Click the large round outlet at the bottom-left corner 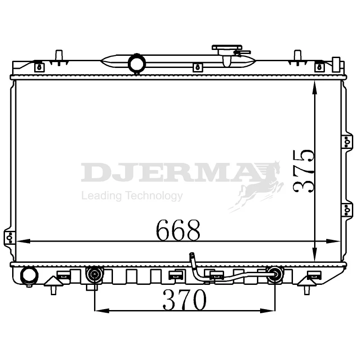[29, 275]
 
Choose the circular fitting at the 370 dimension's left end [94, 274]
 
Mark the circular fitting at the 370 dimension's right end [274, 274]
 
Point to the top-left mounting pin [58, 56]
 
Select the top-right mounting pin [297, 56]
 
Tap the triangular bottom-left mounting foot [53, 282]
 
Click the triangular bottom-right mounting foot [307, 282]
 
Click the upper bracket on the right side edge [346, 142]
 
